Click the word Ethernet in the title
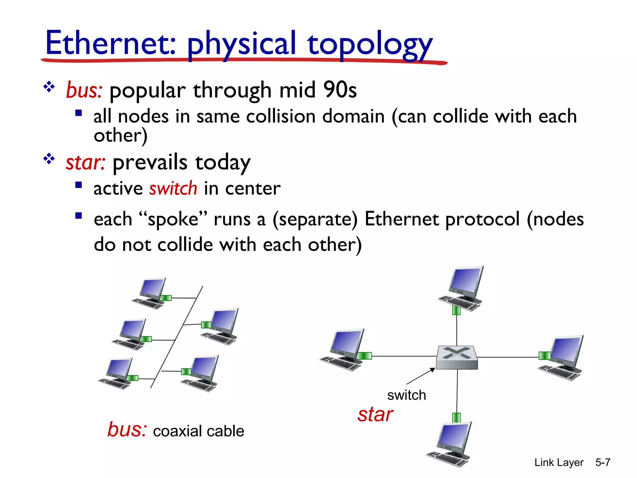click(x=110, y=44)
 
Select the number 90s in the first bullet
click(x=340, y=90)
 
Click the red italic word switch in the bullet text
click(x=173, y=189)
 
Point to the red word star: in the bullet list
click(x=86, y=162)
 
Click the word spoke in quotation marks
click(x=173, y=219)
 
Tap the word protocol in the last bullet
click(x=482, y=219)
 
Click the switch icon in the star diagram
click(x=457, y=357)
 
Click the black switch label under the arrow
click(x=406, y=395)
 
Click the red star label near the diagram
click(x=375, y=415)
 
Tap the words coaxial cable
click(x=198, y=431)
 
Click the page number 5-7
click(x=602, y=462)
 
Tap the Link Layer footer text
click(x=559, y=462)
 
